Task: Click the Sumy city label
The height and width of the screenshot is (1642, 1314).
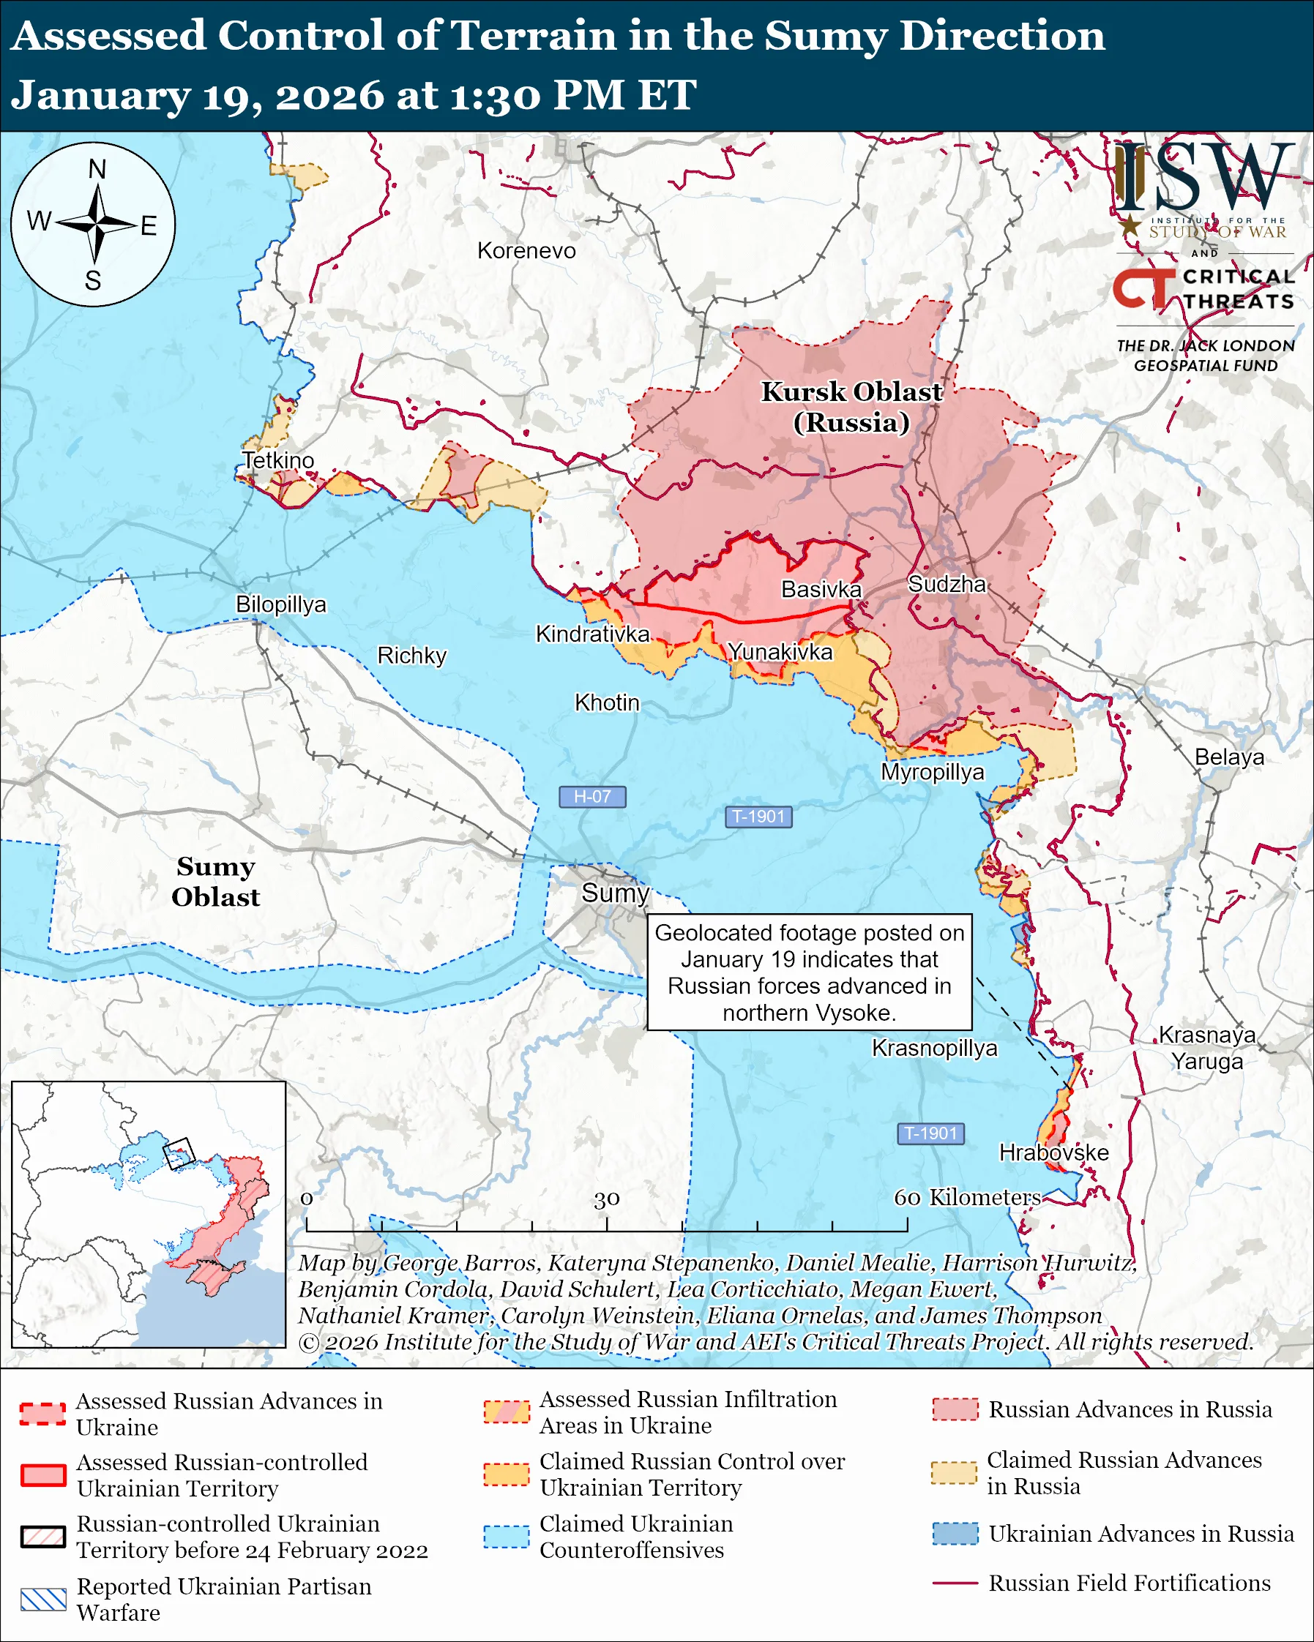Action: (x=615, y=893)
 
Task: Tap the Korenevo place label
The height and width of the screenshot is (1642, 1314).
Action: (x=526, y=250)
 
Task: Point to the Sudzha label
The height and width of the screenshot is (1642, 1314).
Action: (x=947, y=584)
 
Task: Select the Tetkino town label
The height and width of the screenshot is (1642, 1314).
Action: (x=278, y=460)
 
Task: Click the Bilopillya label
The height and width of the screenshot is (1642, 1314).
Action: (x=280, y=604)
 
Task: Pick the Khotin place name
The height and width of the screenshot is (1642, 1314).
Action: (x=606, y=702)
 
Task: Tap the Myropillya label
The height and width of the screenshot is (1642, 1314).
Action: (x=933, y=771)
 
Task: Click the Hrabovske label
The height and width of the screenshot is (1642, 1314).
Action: (x=1053, y=1152)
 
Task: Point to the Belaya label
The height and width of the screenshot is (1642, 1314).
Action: (x=1228, y=757)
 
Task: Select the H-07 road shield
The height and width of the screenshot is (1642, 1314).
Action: (x=592, y=797)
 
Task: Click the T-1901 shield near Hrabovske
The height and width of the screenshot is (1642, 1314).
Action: (x=931, y=1133)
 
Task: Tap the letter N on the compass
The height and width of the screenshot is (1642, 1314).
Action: (x=97, y=169)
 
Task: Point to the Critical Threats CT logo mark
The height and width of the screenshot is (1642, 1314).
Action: (x=1143, y=288)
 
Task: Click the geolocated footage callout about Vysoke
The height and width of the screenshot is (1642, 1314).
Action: (x=809, y=972)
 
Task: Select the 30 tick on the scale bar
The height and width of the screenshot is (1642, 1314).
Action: (x=606, y=1199)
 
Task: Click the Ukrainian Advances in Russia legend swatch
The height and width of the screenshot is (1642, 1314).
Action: (x=955, y=1534)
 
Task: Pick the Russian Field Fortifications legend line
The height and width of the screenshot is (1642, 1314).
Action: (x=955, y=1583)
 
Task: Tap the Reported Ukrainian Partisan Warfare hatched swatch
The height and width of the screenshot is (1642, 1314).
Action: (x=43, y=1600)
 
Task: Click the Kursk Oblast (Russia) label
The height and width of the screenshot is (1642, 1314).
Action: (x=851, y=407)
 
